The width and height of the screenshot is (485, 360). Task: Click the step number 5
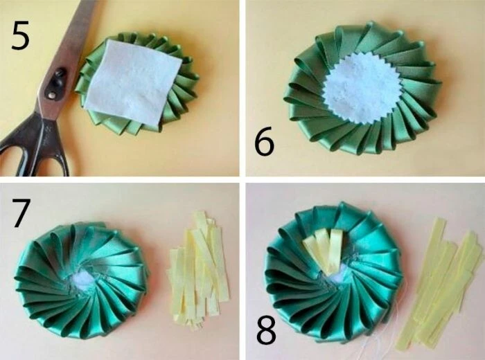coord(20,35)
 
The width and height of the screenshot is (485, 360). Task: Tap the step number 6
coord(264,141)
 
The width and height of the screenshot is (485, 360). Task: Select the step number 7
coord(21,213)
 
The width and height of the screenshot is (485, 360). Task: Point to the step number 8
coord(266,330)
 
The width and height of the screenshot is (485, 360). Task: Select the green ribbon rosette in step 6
coord(362,89)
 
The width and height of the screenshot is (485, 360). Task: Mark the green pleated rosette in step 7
coord(81,280)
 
